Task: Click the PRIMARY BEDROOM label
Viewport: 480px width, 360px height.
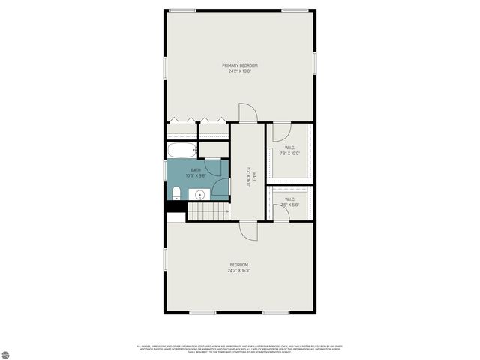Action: (x=239, y=65)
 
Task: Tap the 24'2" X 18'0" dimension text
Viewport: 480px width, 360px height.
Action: (x=239, y=72)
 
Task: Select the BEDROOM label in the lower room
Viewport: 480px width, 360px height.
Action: (x=238, y=264)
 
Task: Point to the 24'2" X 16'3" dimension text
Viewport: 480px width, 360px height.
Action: (x=238, y=270)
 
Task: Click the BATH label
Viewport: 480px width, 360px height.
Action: (x=196, y=170)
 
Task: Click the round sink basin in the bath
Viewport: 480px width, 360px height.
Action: (x=200, y=195)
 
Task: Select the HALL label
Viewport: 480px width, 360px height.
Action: (x=254, y=177)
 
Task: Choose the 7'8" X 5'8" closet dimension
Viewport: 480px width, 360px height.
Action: (x=290, y=205)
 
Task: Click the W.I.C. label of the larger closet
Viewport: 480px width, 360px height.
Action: (x=290, y=147)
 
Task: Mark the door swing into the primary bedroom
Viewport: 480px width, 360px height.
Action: (x=248, y=113)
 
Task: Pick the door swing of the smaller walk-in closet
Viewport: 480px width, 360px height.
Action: (x=278, y=212)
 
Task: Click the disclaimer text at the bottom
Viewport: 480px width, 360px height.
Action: (x=238, y=349)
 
